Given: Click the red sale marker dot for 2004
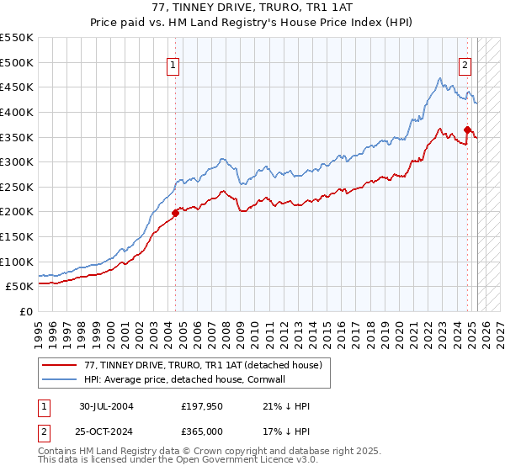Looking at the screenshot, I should (x=176, y=213).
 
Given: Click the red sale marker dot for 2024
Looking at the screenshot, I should (x=467, y=130).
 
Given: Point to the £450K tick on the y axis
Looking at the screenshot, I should (x=17, y=87).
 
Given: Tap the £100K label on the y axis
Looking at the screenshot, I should (x=17, y=262).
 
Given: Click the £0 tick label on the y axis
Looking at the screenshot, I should (x=26, y=311).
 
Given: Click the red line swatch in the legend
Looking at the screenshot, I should (x=60, y=365).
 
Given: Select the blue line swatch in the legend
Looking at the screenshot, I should (x=60, y=379).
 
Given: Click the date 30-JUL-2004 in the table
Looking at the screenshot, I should (x=106, y=406).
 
